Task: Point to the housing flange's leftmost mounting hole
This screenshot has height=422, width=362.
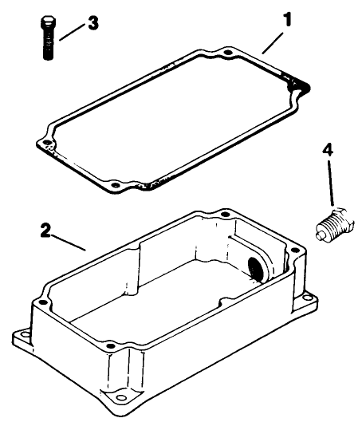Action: (x=21, y=334)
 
